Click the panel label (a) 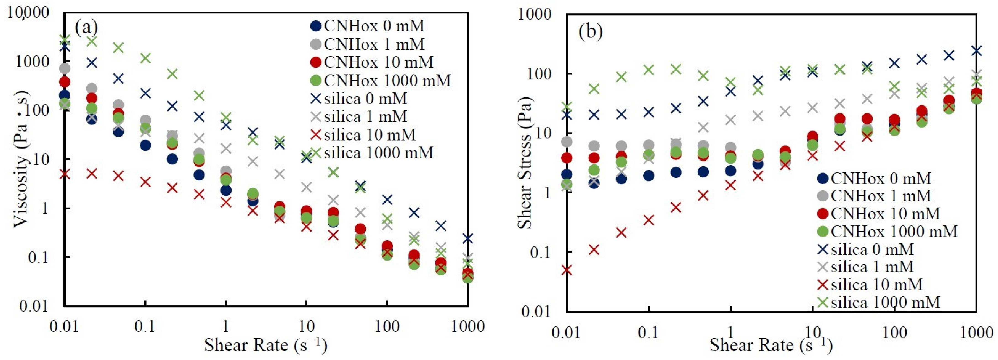(x=86, y=28)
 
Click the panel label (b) (x=590, y=32)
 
